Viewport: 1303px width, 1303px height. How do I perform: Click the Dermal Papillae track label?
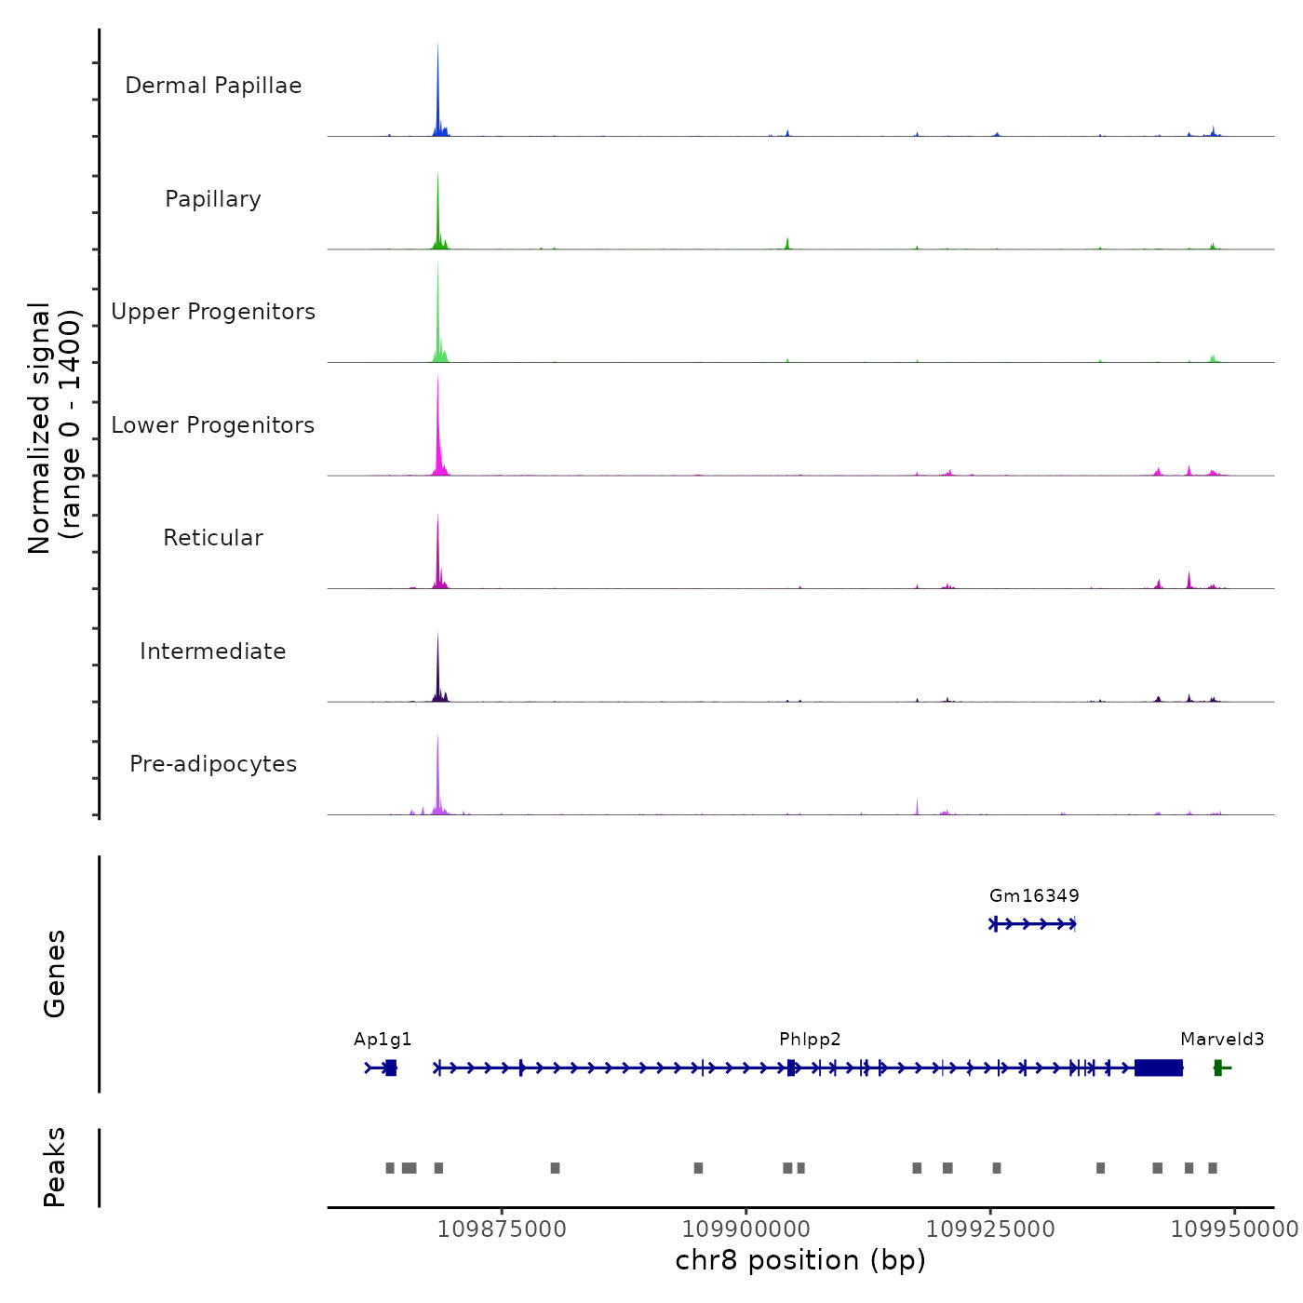click(213, 86)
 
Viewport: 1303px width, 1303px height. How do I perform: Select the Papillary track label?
click(213, 199)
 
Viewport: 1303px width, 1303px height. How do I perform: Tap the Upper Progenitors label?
click(213, 312)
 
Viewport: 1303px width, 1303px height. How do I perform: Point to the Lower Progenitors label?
click(213, 425)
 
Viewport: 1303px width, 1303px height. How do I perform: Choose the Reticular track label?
click(213, 538)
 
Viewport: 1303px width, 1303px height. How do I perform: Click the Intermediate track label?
click(213, 651)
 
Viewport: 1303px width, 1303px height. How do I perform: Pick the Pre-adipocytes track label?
click(213, 764)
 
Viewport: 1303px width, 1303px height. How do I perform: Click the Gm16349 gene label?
click(1034, 896)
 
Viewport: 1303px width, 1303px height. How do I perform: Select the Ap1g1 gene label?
click(383, 1040)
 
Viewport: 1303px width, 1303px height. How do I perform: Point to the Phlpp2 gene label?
click(810, 1040)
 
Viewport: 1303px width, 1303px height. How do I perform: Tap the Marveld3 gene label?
click(1222, 1040)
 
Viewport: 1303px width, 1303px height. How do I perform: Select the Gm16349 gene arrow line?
click(1033, 924)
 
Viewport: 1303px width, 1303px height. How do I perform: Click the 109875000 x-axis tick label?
click(502, 1229)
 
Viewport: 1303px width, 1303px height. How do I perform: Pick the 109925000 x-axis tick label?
click(990, 1229)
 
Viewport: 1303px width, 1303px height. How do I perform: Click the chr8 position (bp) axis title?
click(800, 1261)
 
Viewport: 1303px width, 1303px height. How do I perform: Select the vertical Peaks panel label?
click(55, 1167)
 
